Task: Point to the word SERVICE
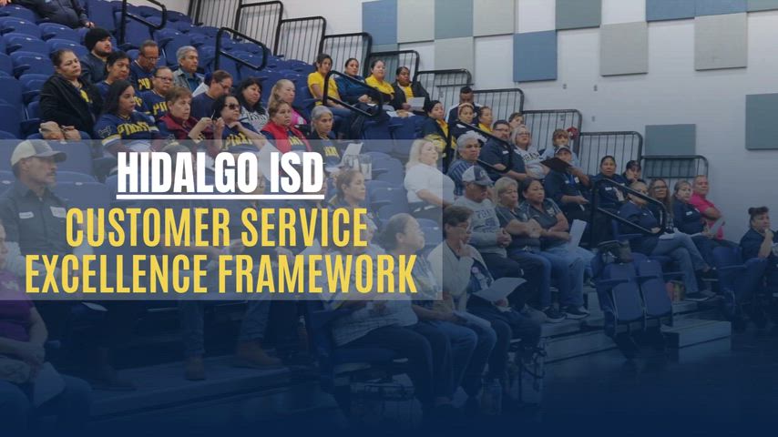pyautogui.click(x=304, y=228)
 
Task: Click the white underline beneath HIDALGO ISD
pyautogui.click(x=220, y=197)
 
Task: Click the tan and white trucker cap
pyautogui.click(x=37, y=151)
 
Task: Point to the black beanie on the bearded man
pyautogui.click(x=97, y=37)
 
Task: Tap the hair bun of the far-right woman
pyautogui.click(x=759, y=211)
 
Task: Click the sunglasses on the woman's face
pyautogui.click(x=231, y=107)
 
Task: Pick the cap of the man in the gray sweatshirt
pyautogui.click(x=476, y=175)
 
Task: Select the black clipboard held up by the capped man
pyautogui.click(x=556, y=164)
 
